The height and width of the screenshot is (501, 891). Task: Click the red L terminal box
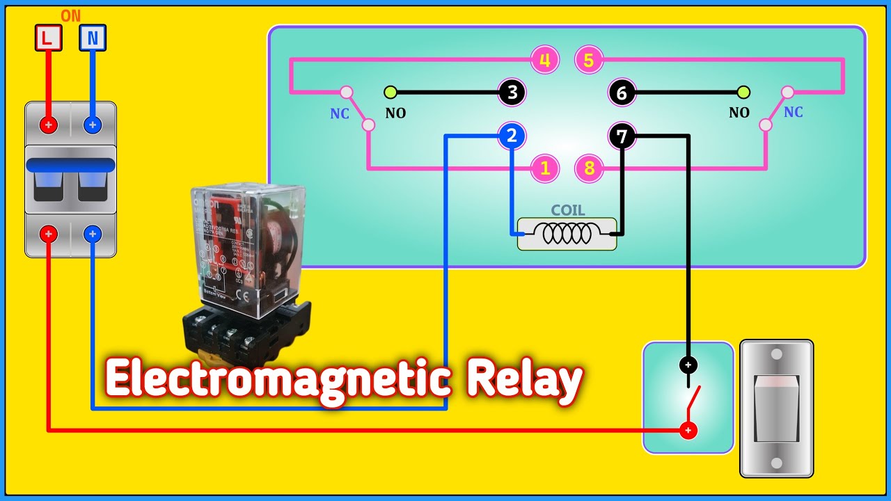pos(48,38)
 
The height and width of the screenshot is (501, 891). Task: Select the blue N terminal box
pos(92,38)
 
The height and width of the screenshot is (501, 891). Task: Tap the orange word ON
pos(71,16)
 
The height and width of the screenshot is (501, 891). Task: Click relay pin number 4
pos(545,61)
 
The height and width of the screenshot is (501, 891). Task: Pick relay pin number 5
pos(589,61)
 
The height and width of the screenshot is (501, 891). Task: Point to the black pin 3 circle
pos(512,93)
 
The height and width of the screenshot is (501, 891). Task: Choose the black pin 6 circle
pos(622,93)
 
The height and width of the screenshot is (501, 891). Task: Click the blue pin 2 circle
pos(512,136)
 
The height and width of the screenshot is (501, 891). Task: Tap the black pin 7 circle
pos(622,136)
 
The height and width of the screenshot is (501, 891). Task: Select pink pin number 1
pos(545,168)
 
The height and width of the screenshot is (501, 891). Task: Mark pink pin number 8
pos(589,168)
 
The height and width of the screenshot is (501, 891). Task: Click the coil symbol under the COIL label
pos(567,234)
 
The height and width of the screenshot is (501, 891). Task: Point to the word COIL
pos(568,210)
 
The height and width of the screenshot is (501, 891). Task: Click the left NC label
pos(340,114)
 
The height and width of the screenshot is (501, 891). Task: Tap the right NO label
pos(739,113)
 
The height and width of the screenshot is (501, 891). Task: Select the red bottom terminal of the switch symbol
pos(688,431)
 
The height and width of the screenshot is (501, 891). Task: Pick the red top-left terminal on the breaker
pos(49,125)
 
